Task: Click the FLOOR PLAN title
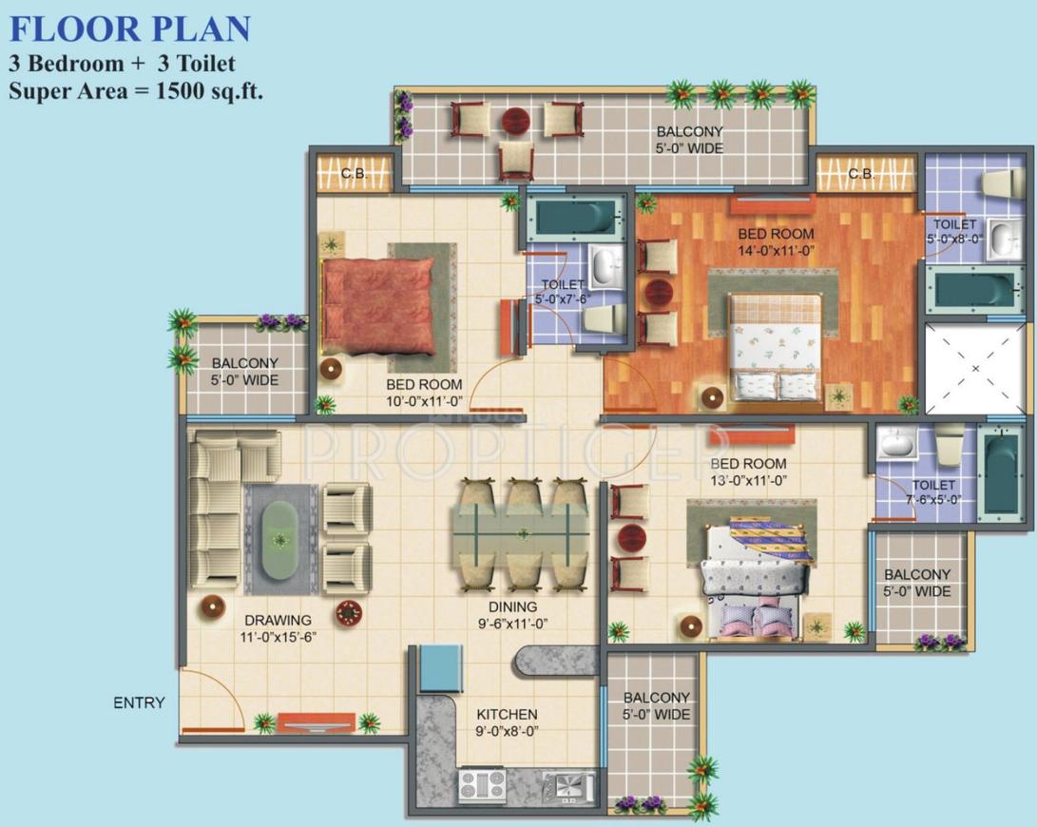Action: pos(130,29)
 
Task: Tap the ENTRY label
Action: pos(139,703)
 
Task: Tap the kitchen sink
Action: pos(567,786)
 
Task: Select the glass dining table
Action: pos(521,535)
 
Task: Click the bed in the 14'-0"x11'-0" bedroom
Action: pos(776,346)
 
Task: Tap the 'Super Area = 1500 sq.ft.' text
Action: pos(136,91)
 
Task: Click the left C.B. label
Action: pos(355,174)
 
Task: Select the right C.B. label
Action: pos(861,174)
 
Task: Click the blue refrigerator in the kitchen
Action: pos(441,667)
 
